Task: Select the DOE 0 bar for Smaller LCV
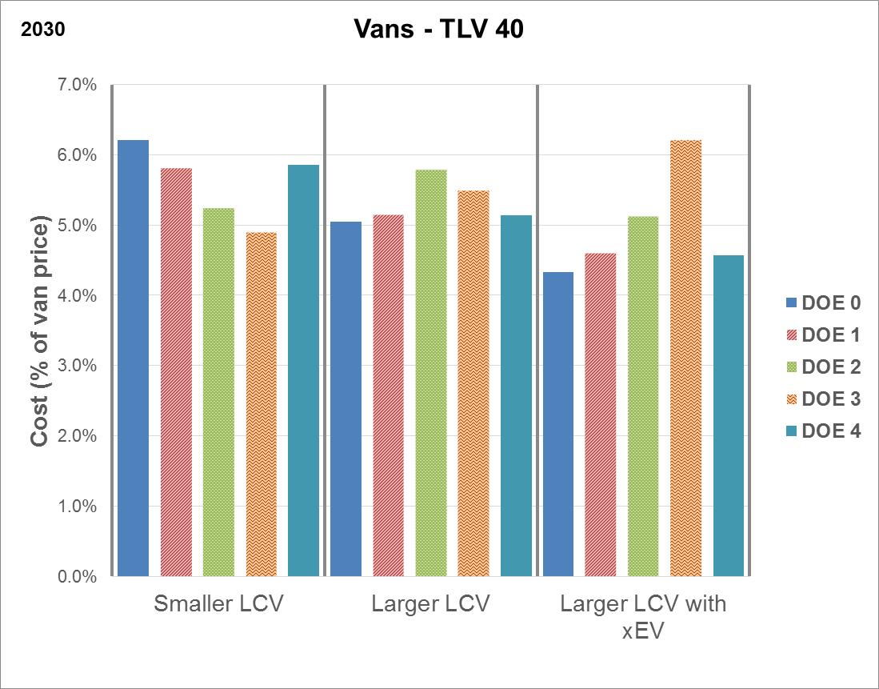[x=134, y=358]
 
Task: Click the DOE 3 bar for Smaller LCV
[x=262, y=404]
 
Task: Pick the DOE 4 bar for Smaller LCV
[x=304, y=371]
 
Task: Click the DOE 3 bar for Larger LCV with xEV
[x=686, y=358]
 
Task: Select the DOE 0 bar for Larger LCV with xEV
[x=558, y=424]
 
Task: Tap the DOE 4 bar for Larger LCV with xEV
[x=729, y=415]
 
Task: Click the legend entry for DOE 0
[x=823, y=302]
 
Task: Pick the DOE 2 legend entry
[x=823, y=367]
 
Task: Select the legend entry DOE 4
[x=823, y=431]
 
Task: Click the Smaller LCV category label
[x=218, y=604]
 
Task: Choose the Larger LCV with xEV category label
[x=643, y=616]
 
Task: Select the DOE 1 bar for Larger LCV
[x=389, y=395]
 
